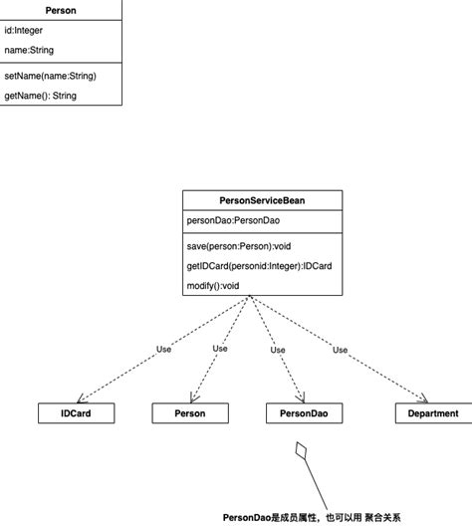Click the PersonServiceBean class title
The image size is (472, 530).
click(262, 200)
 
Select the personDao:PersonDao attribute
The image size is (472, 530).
click(233, 222)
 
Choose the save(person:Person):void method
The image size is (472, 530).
click(239, 245)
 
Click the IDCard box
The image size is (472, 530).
click(77, 412)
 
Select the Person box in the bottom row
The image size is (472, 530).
click(190, 412)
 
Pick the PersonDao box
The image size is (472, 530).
click(304, 412)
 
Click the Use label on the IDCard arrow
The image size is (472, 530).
click(164, 350)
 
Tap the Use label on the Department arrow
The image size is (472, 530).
click(340, 350)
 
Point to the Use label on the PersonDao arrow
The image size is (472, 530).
click(278, 350)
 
